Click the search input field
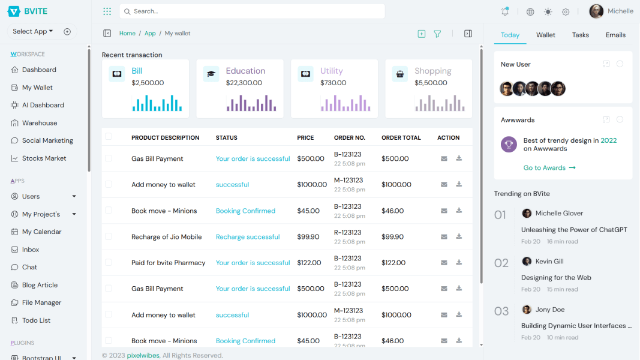[252, 11]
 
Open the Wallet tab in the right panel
[545, 35]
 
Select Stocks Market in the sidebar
[44, 158]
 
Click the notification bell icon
[505, 11]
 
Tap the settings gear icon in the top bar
[566, 12]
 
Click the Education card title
[245, 71]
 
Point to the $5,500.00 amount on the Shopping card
[431, 83]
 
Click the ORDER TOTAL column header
[401, 137]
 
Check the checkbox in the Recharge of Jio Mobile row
[109, 236]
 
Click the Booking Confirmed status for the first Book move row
[245, 211]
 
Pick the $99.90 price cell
[308, 237]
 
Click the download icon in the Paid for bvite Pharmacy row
[459, 262]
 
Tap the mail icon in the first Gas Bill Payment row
[444, 158]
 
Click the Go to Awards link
[549, 168]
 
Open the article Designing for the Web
[556, 278]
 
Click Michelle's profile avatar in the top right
[596, 11]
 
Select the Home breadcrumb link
[127, 34]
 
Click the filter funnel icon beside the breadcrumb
[437, 34]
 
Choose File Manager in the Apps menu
[41, 302]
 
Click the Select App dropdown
[33, 31]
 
